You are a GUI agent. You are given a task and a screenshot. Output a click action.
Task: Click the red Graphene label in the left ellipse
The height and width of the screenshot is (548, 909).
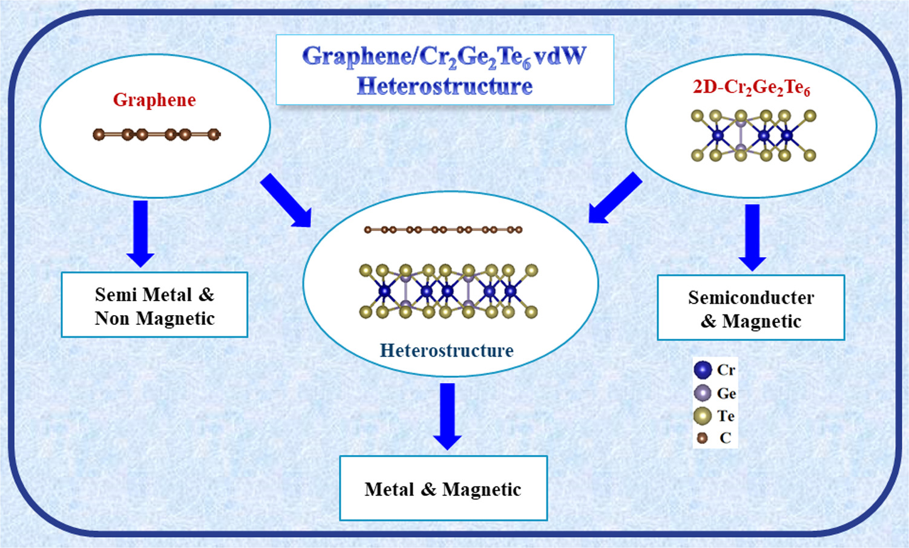[x=154, y=100]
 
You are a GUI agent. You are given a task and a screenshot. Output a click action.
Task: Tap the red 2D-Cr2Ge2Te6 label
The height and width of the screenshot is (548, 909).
[x=751, y=88]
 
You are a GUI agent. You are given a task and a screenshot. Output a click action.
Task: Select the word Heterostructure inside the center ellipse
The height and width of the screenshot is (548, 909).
[x=447, y=350]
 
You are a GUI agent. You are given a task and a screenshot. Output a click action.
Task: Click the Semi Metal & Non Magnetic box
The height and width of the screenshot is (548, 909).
[x=154, y=305]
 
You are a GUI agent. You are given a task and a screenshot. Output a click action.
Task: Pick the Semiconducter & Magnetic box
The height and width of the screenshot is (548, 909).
[x=750, y=308]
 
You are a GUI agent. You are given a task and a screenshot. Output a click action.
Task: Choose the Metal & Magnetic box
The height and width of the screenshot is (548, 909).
[x=443, y=488]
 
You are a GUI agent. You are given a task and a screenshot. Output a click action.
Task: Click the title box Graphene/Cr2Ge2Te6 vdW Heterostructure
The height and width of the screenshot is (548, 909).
[x=445, y=70]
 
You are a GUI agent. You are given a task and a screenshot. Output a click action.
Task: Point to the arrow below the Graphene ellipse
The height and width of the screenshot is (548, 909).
[x=140, y=233]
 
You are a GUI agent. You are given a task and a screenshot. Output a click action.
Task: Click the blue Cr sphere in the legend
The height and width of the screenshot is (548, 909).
[x=703, y=370]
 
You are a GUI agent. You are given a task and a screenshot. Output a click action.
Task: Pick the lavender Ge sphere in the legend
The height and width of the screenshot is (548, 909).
[x=703, y=393]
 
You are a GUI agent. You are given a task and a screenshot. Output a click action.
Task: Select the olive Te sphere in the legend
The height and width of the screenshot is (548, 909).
[x=703, y=416]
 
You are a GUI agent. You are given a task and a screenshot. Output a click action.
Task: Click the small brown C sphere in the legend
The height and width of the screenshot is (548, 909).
[x=702, y=438]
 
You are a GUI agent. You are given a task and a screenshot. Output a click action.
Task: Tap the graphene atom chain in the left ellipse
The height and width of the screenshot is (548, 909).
[x=156, y=134]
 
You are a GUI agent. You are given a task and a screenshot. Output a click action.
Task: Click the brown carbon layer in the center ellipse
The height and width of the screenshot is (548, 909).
[x=443, y=230]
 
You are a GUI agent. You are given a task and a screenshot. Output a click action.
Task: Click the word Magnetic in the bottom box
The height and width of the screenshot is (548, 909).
[x=481, y=489]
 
